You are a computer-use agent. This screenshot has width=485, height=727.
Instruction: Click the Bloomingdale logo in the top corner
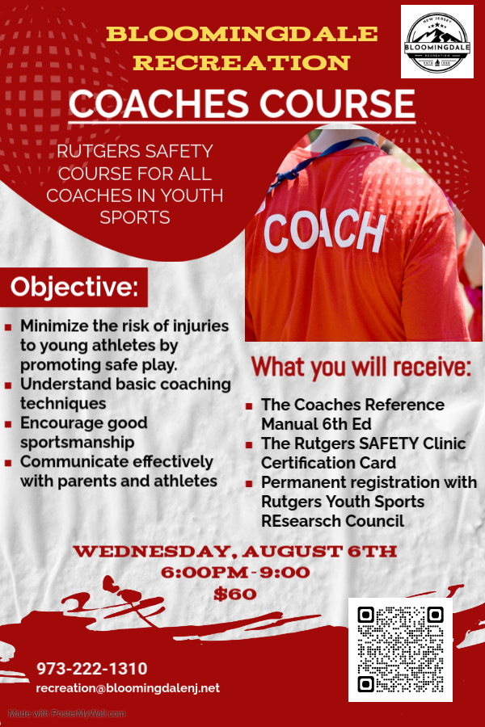436,42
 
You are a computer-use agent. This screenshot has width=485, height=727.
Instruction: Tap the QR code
400,649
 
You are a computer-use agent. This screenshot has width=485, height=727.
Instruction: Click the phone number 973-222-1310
92,669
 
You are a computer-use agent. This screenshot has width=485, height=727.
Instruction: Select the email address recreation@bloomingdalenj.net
128,688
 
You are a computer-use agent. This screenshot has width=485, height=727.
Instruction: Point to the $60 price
235,594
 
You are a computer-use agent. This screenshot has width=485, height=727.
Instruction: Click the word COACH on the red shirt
324,231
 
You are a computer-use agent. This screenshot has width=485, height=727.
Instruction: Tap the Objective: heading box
74,287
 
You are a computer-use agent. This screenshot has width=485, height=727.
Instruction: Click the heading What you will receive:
361,368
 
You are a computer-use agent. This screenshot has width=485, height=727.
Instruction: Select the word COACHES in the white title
158,104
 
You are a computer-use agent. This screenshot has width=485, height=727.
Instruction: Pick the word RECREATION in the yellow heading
242,63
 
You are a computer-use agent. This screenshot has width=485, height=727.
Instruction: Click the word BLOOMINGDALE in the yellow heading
242,34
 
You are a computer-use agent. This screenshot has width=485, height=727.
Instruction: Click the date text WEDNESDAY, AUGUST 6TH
235,551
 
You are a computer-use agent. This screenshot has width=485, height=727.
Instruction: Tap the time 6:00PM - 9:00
235,573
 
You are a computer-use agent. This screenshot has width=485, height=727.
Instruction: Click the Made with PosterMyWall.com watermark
67,713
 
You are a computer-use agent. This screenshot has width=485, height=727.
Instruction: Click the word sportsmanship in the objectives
77,443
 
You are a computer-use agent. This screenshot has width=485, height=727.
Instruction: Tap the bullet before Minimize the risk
8,327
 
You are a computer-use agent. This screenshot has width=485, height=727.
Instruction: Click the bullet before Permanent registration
249,484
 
